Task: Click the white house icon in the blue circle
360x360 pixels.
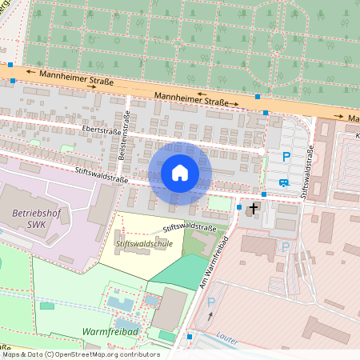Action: tap(180, 172)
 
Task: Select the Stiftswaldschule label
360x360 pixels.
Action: tap(144, 244)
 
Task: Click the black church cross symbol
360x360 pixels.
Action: tap(254, 209)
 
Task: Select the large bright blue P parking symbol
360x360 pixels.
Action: tap(286, 158)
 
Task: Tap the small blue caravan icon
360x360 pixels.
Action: tap(283, 182)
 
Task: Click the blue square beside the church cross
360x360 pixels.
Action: tap(239, 207)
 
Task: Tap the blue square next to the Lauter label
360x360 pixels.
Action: tap(190, 337)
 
